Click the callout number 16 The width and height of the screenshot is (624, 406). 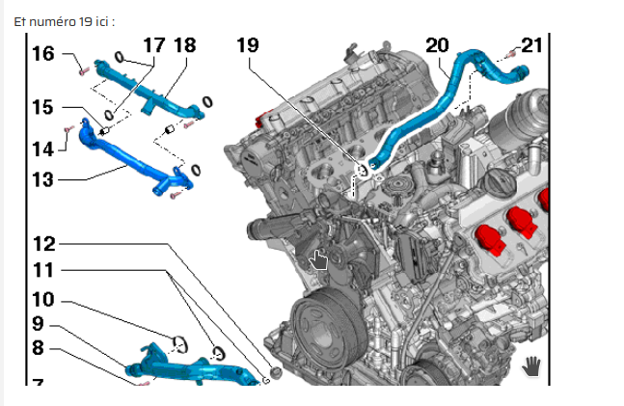[x=43, y=53]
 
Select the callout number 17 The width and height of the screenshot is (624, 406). [x=154, y=45]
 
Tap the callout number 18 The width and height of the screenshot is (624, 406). [x=185, y=45]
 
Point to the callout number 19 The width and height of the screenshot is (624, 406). [x=247, y=45]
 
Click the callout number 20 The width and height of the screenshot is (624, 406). [x=437, y=44]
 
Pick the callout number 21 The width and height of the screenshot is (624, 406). [x=532, y=44]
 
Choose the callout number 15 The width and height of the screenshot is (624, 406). [x=43, y=107]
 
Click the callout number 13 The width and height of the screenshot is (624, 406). [x=43, y=178]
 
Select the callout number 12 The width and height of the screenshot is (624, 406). [x=43, y=244]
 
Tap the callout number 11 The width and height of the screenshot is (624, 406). [x=43, y=271]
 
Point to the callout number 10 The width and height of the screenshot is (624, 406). [x=43, y=299]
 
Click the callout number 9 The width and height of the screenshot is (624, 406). [x=38, y=323]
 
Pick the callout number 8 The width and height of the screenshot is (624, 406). [x=38, y=347]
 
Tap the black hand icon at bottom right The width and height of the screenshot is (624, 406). [x=530, y=365]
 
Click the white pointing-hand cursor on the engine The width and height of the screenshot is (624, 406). [x=318, y=260]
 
